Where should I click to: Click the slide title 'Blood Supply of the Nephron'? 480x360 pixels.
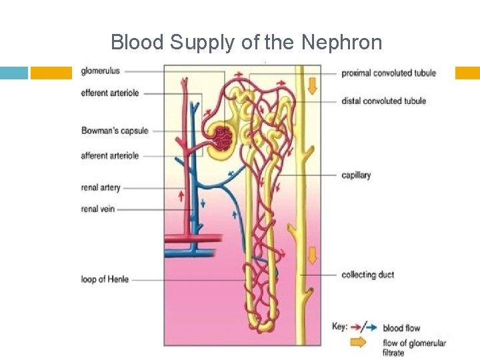pos(246,43)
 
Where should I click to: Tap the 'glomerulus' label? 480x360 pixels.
pos(101,71)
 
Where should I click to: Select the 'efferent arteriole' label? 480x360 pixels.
pos(110,93)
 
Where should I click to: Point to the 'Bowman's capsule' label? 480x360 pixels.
pos(115,131)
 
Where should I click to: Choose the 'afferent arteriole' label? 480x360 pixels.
pos(110,155)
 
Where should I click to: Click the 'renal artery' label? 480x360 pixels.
pos(101,187)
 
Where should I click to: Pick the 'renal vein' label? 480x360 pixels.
pos(98,209)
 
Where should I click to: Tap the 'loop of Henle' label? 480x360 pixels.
pos(105,279)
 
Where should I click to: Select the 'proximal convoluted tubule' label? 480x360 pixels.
pos(389,73)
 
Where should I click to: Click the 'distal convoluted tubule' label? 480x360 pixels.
pos(383,101)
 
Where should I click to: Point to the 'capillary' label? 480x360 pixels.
pos(356,175)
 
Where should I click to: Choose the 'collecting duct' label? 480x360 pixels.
pos(367,275)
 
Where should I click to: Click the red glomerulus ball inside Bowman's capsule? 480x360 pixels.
pos(222,138)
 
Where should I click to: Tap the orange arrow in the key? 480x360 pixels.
pos(358,343)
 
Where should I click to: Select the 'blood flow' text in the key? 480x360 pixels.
pos(401,328)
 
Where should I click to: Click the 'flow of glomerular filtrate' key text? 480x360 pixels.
pos(414,347)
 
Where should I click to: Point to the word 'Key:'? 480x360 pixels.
pos(340,327)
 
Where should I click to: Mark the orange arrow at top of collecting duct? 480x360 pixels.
pos(311,85)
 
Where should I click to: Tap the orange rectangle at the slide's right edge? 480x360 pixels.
pos(467,73)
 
